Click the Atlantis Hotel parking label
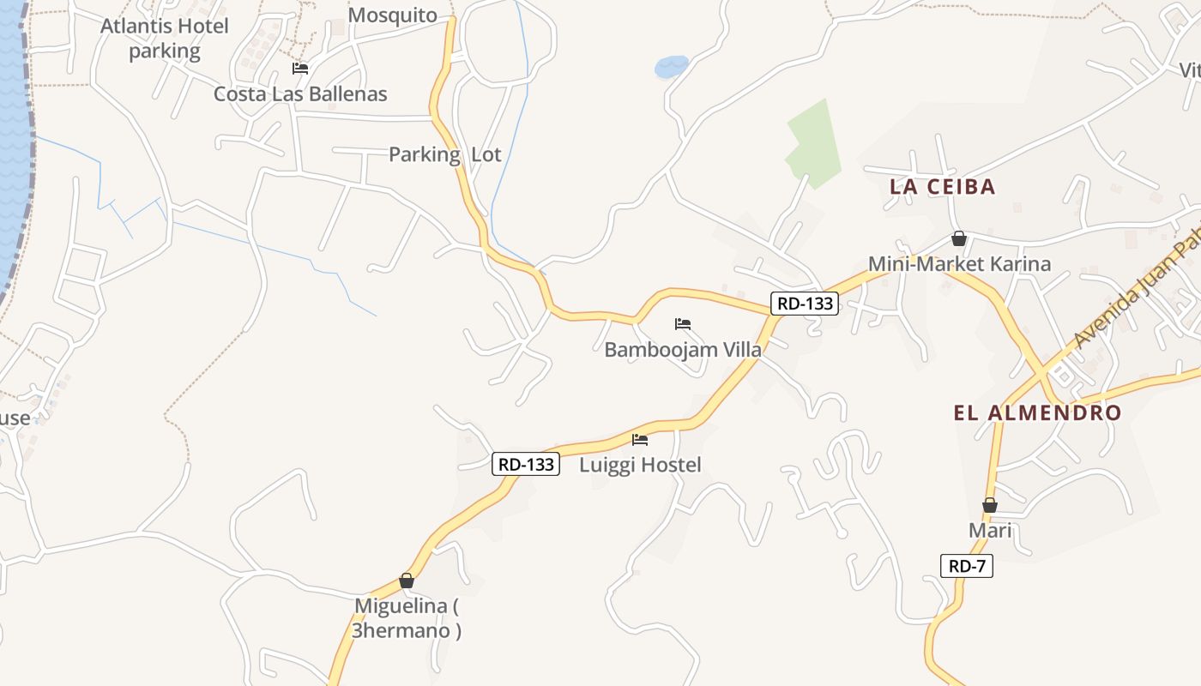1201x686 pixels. [x=164, y=39]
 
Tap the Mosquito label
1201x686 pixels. [x=393, y=15]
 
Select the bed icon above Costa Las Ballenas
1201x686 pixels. [x=299, y=69]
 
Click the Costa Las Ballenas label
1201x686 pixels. [x=300, y=93]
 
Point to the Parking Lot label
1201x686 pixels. [x=444, y=154]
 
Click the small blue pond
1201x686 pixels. [x=671, y=66]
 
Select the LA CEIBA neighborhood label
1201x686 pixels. [x=942, y=187]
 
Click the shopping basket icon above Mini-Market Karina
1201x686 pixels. [x=959, y=238]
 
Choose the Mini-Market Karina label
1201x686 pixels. [x=959, y=263]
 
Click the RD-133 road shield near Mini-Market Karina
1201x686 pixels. [x=804, y=303]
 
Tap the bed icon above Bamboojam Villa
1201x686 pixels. [x=683, y=324]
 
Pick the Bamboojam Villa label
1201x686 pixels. [x=683, y=349]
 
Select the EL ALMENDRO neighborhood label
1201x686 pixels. [x=1037, y=412]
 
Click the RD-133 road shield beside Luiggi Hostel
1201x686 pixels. [x=526, y=464]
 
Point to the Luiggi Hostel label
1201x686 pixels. [x=640, y=465]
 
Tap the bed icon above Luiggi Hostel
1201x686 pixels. [x=640, y=440]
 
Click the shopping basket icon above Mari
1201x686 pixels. [x=990, y=505]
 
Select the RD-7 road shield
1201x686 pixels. [x=967, y=566]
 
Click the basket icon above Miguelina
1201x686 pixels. [x=407, y=581]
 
